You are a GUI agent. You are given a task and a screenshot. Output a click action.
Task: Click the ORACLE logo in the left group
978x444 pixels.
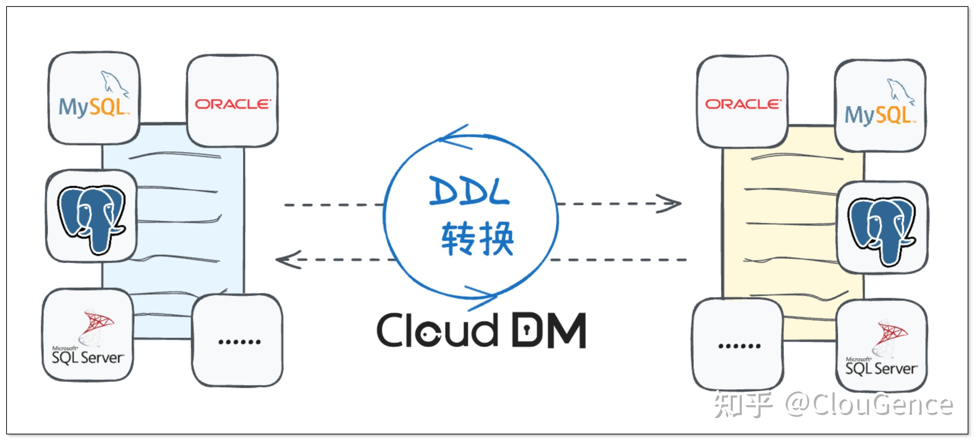tap(233, 104)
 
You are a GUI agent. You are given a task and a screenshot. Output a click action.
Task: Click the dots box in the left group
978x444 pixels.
tap(238, 342)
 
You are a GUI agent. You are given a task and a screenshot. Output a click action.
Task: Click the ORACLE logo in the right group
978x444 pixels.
tap(742, 104)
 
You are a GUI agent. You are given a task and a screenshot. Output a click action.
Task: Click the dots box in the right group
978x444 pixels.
tap(739, 346)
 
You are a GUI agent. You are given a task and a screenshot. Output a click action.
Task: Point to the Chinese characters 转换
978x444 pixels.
tap(478, 239)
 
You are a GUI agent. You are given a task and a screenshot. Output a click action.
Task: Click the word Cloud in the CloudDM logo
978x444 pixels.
tap(437, 330)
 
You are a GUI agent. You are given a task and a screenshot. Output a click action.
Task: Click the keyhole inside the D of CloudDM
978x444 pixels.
tap(527, 330)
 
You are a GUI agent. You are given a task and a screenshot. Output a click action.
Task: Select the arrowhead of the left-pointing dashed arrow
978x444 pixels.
tap(287, 260)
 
